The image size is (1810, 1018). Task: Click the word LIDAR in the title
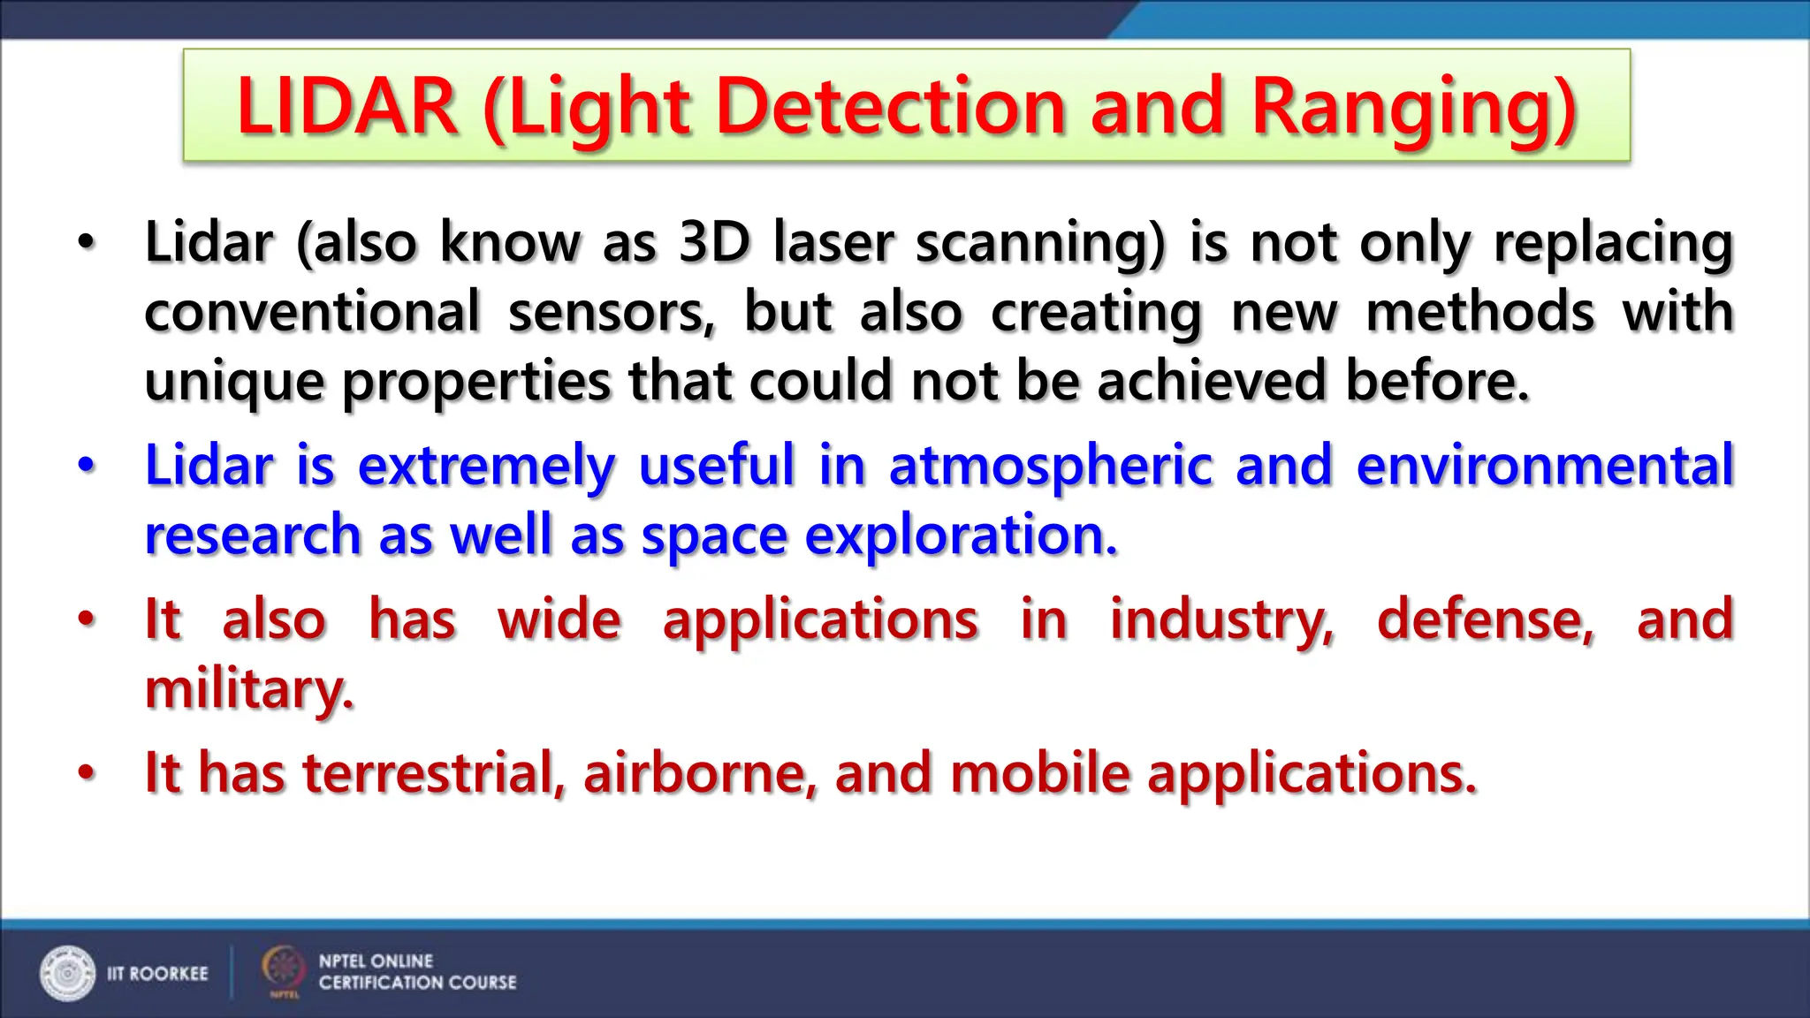[346, 107]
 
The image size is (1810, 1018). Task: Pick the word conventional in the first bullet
[312, 311]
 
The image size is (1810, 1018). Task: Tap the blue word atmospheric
[1051, 466]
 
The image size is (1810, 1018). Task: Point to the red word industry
[1221, 619]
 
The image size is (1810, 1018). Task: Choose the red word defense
[1486, 619]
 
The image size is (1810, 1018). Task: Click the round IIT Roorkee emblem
[67, 973]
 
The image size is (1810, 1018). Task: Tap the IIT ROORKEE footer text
[157, 974]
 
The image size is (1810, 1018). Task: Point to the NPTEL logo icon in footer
[283, 969]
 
